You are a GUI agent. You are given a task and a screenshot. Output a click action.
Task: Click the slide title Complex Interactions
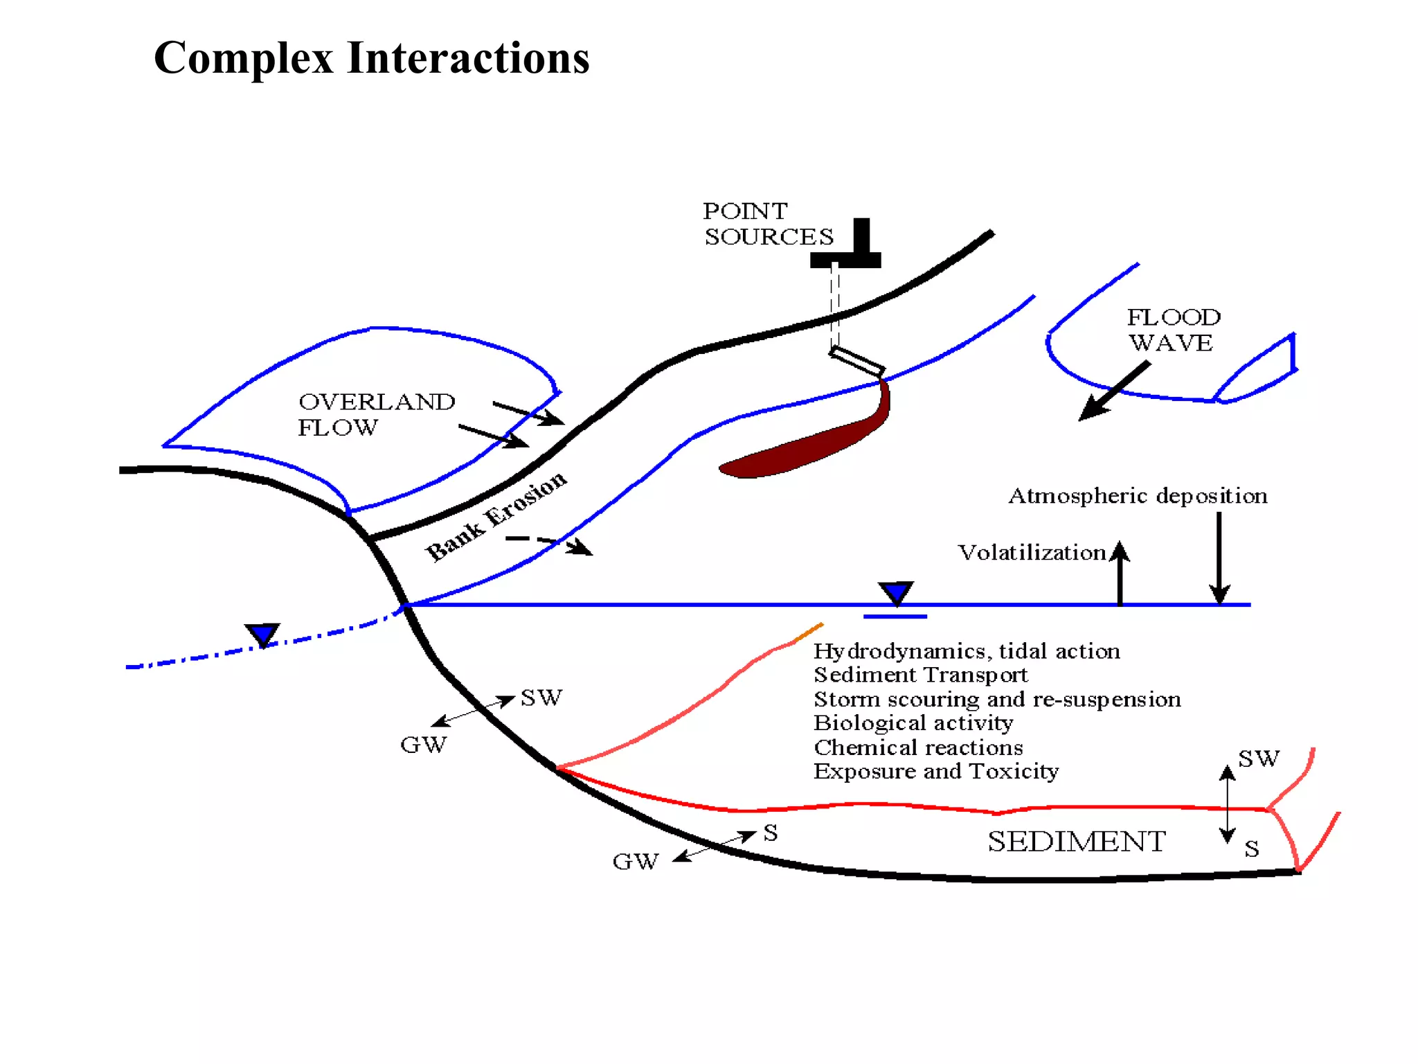click(x=371, y=57)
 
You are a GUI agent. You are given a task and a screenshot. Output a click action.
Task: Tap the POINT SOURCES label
click(x=768, y=224)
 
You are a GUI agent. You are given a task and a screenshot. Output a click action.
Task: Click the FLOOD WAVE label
click(x=1173, y=330)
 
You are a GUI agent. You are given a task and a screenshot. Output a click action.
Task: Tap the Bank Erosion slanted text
click(x=495, y=515)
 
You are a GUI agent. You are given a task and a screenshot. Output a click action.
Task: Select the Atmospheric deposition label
click(x=1138, y=496)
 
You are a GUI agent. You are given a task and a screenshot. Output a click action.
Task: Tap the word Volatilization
click(x=1031, y=553)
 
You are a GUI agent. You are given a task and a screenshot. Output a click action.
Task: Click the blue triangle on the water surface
click(x=896, y=593)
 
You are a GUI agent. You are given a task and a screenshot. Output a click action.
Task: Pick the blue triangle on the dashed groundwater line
click(x=262, y=634)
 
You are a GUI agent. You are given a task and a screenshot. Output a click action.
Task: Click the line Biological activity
click(x=913, y=723)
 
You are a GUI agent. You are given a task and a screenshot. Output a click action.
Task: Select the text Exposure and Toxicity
click(x=935, y=771)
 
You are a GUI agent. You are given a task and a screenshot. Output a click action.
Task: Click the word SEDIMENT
click(x=1076, y=842)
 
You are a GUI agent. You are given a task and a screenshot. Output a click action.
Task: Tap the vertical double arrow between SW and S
click(x=1227, y=804)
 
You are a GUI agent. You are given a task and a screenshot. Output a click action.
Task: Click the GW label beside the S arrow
click(x=635, y=861)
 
